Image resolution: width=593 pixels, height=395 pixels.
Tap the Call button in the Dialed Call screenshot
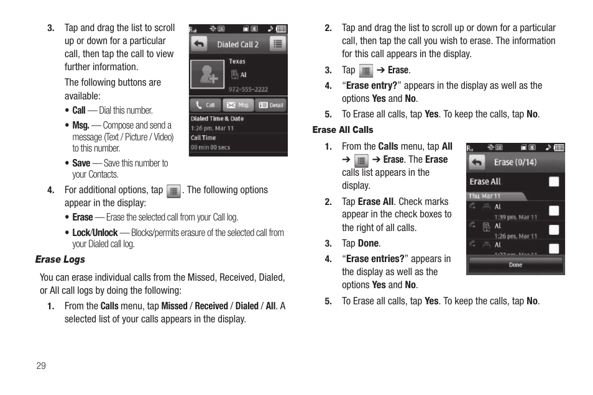pyautogui.click(x=205, y=105)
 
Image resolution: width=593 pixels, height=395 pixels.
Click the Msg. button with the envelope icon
pyautogui.click(x=238, y=105)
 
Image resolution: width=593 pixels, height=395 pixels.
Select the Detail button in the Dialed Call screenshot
pyautogui.click(x=271, y=105)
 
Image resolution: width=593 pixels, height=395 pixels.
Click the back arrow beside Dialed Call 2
pyautogui.click(x=199, y=44)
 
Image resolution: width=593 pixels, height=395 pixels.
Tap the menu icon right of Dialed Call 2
pyautogui.click(x=277, y=44)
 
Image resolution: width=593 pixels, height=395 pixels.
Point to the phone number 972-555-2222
pyautogui.click(x=249, y=89)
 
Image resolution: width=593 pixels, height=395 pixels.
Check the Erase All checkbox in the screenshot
pyautogui.click(x=553, y=181)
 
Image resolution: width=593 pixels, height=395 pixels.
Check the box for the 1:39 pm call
pyautogui.click(x=553, y=211)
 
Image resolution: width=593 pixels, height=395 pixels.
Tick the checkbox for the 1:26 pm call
pyautogui.click(x=553, y=230)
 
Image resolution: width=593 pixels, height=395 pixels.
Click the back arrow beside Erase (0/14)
pyautogui.click(x=477, y=162)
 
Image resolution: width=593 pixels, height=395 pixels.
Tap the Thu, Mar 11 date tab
pyautogui.click(x=484, y=196)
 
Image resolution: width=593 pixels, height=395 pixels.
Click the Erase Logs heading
pyautogui.click(x=60, y=260)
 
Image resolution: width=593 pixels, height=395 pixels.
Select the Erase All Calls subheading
pyautogui.click(x=342, y=130)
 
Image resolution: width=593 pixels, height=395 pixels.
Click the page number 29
pyautogui.click(x=41, y=365)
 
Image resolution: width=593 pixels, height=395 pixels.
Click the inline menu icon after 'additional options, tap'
pyautogui.click(x=174, y=191)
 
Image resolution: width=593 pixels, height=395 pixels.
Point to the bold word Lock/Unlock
pyautogui.click(x=94, y=233)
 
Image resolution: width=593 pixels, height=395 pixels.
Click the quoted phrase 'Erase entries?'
pyautogui.click(x=375, y=259)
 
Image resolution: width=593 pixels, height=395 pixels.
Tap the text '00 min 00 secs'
pyautogui.click(x=210, y=147)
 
